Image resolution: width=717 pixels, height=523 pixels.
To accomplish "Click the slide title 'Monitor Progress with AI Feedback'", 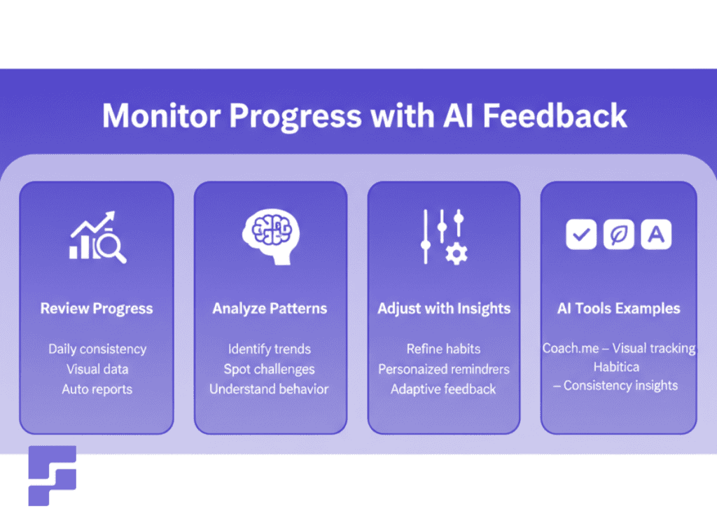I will pos(364,116).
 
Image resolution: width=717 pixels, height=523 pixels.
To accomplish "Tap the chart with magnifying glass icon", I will pos(97,239).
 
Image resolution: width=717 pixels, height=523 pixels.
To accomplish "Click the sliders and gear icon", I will pos(444,237).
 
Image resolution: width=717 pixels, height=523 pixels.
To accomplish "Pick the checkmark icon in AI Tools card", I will pos(580,236).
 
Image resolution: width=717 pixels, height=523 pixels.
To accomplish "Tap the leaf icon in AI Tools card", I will pos(618,236).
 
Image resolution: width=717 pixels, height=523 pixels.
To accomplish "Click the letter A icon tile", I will pos(656,236).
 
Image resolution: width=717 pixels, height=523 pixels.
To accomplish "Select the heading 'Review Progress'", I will pos(97,309).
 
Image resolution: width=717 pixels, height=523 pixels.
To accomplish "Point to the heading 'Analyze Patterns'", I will pos(270,309).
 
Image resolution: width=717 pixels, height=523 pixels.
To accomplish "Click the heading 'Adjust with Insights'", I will pos(444,309).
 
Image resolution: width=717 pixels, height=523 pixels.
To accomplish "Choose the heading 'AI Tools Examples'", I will pos(618,309).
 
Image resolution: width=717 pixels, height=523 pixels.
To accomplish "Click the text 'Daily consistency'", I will pos(97,349).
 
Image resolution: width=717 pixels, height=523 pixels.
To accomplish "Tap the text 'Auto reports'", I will pos(97,389).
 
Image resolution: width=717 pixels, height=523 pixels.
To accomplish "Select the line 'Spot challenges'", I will pos(270,369).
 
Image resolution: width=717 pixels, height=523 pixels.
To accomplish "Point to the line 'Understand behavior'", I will pos(269,389).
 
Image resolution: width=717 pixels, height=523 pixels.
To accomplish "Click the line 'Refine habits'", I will pos(443,349).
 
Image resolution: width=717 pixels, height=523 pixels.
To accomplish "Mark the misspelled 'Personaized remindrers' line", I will pos(444,369).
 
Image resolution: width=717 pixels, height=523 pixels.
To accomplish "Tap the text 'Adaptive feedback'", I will pos(443,389).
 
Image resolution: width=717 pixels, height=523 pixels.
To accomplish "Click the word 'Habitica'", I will pos(618,367).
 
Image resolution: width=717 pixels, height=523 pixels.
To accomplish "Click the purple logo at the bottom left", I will pos(52,475).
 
